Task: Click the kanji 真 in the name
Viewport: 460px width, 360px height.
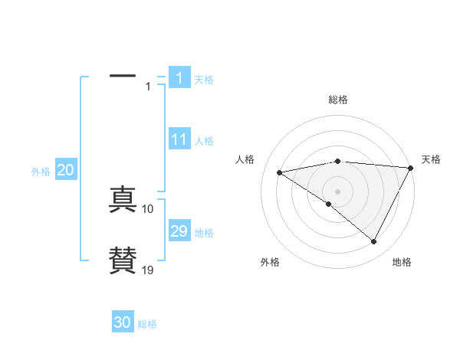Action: coord(123,200)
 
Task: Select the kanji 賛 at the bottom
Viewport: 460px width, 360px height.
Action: coord(123,260)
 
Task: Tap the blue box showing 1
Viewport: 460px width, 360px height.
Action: coord(179,78)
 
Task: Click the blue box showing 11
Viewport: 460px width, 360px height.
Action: coord(179,140)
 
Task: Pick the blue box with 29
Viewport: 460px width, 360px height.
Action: coord(179,231)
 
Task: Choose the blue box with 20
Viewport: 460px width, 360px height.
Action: coord(66,171)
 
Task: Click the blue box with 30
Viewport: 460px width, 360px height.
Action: coord(123,322)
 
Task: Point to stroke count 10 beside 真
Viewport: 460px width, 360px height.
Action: coord(148,209)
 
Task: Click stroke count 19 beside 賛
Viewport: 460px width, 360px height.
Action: coord(148,270)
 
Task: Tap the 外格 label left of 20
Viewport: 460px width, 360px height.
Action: coord(41,172)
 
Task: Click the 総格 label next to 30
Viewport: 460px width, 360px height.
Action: coord(147,324)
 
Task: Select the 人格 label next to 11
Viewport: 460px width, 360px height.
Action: coord(204,141)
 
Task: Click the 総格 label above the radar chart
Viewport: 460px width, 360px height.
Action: coord(338,100)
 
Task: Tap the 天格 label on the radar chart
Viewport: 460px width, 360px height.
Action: coord(432,159)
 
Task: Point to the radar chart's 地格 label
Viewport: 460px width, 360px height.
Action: coord(402,263)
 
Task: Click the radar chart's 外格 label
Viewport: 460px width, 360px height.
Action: coord(270,263)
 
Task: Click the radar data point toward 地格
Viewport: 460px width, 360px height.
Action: coord(374,242)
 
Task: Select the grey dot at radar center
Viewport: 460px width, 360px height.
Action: coord(337,191)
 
